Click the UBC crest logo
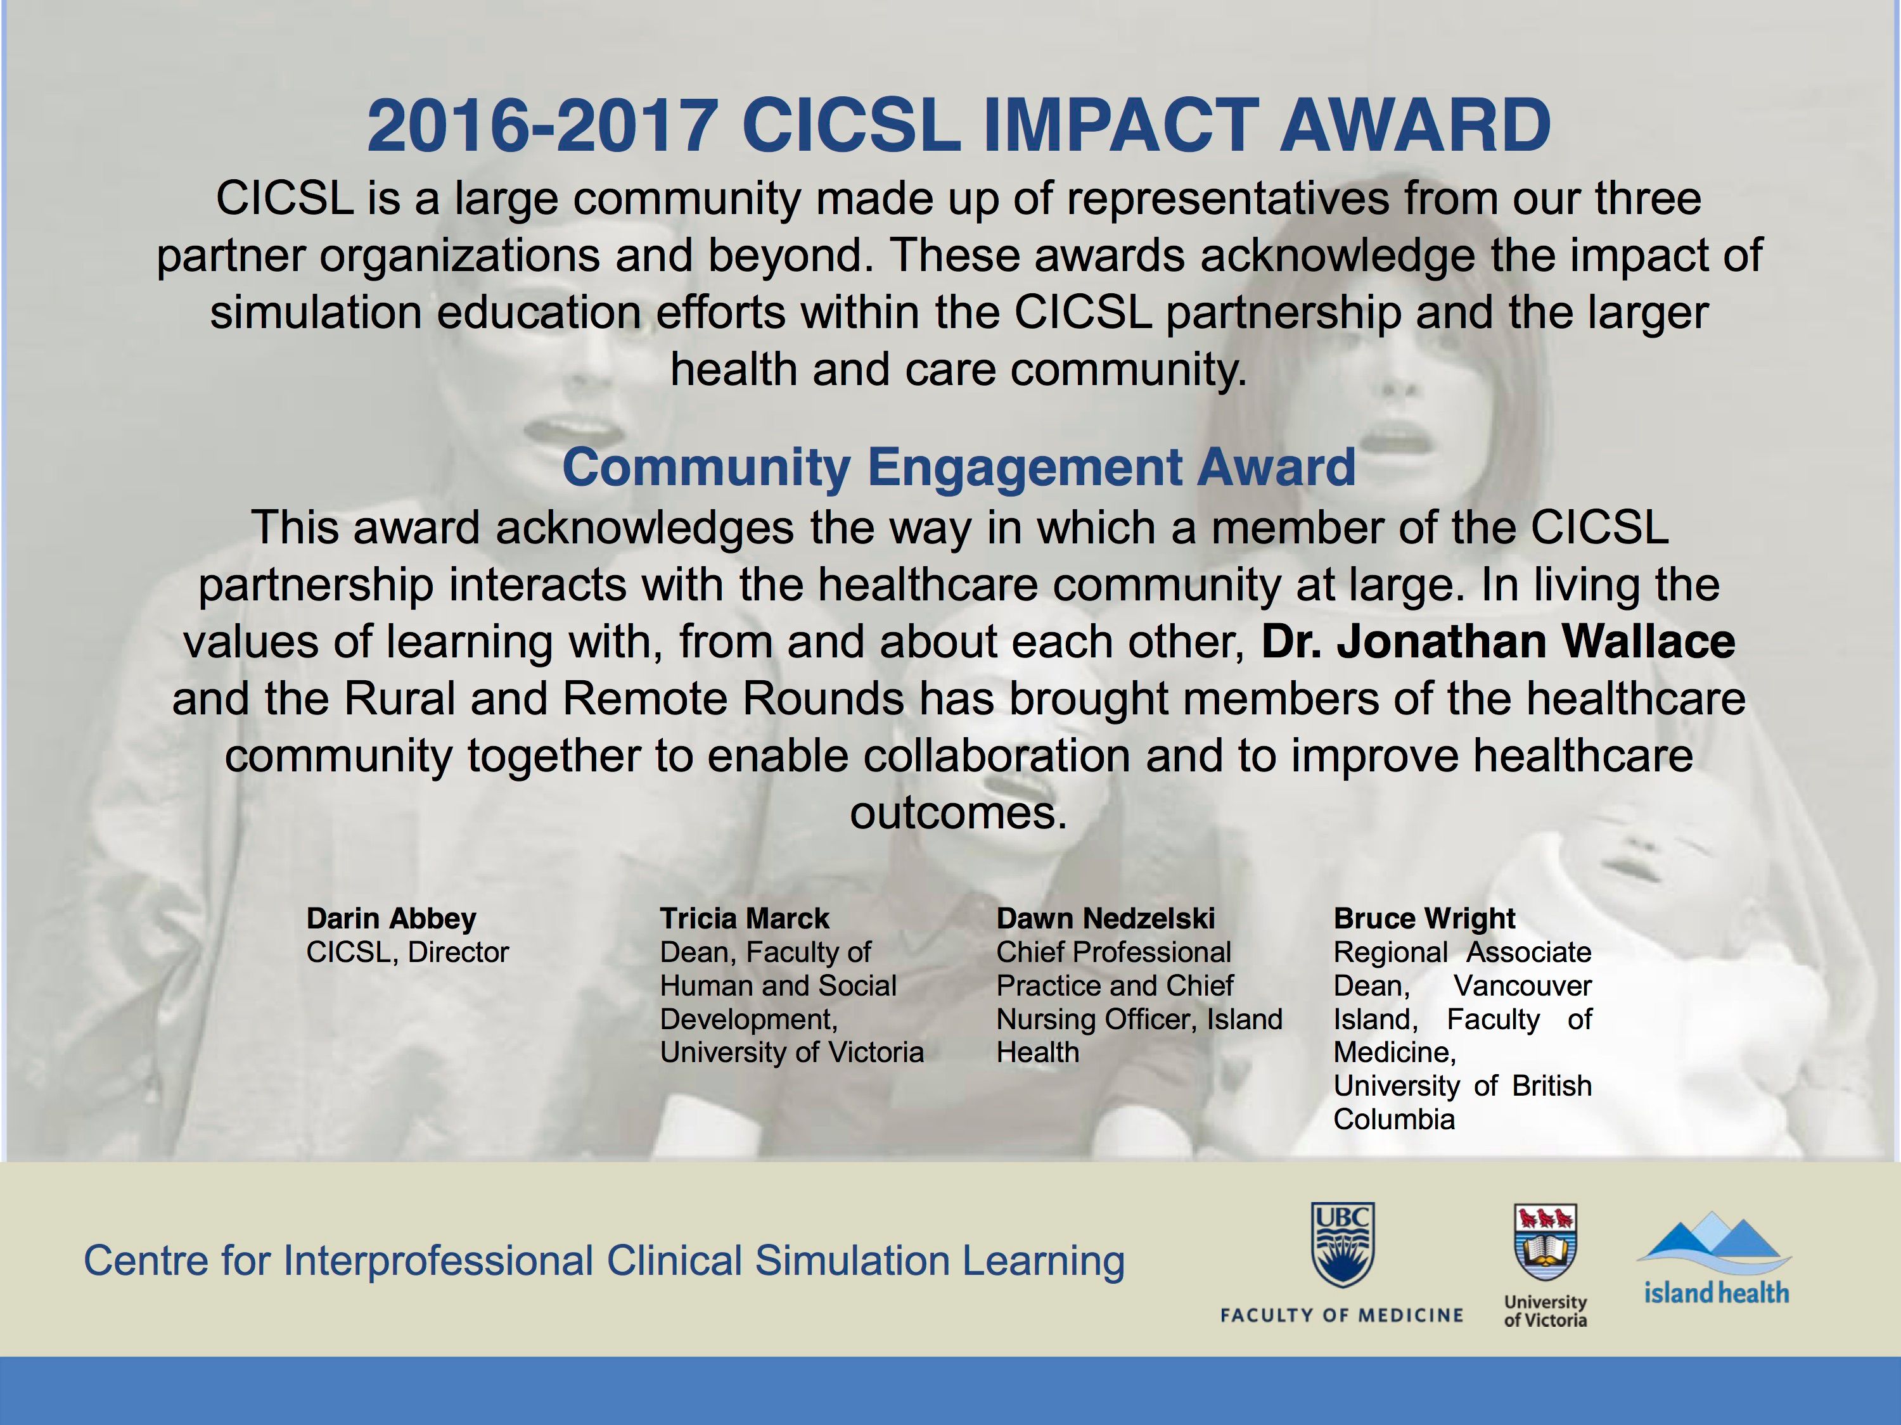pyautogui.click(x=1342, y=1244)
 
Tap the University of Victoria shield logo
pyautogui.click(x=1546, y=1244)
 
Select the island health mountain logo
pyautogui.click(x=1715, y=1258)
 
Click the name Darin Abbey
pyautogui.click(x=391, y=919)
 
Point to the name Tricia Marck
pyautogui.click(x=745, y=918)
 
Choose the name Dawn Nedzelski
pyautogui.click(x=1105, y=918)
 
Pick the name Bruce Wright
pyautogui.click(x=1424, y=919)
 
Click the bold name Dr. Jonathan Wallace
pyautogui.click(x=1498, y=642)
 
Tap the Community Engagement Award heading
pyautogui.click(x=958, y=467)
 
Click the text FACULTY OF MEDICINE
pyautogui.click(x=1341, y=1315)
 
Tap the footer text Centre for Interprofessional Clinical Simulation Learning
pyautogui.click(x=604, y=1261)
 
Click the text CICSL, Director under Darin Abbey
pyautogui.click(x=407, y=953)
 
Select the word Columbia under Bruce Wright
pyautogui.click(x=1394, y=1119)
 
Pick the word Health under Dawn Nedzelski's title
pyautogui.click(x=1037, y=1052)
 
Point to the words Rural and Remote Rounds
pyautogui.click(x=624, y=699)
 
